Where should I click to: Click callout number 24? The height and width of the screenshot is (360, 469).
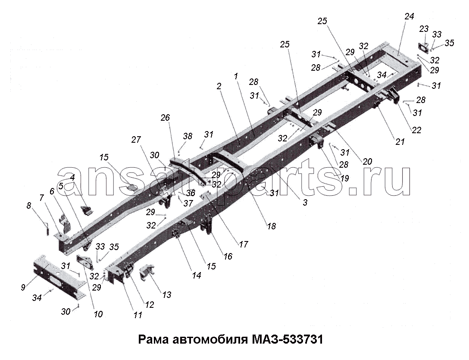click(409, 17)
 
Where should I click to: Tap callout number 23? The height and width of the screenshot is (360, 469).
click(424, 29)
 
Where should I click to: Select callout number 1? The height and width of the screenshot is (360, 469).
click(236, 76)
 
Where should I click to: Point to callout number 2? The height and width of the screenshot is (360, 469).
click(219, 86)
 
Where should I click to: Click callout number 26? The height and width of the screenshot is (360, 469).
click(165, 118)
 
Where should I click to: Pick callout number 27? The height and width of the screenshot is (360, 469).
click(136, 139)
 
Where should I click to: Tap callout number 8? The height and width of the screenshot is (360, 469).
click(29, 206)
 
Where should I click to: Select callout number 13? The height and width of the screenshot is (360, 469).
click(166, 295)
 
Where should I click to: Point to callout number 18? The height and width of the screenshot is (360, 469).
click(272, 226)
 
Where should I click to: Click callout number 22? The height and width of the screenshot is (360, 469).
click(416, 130)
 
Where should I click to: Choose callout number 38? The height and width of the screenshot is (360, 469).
click(188, 136)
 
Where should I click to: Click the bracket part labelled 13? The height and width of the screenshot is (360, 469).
click(147, 272)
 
